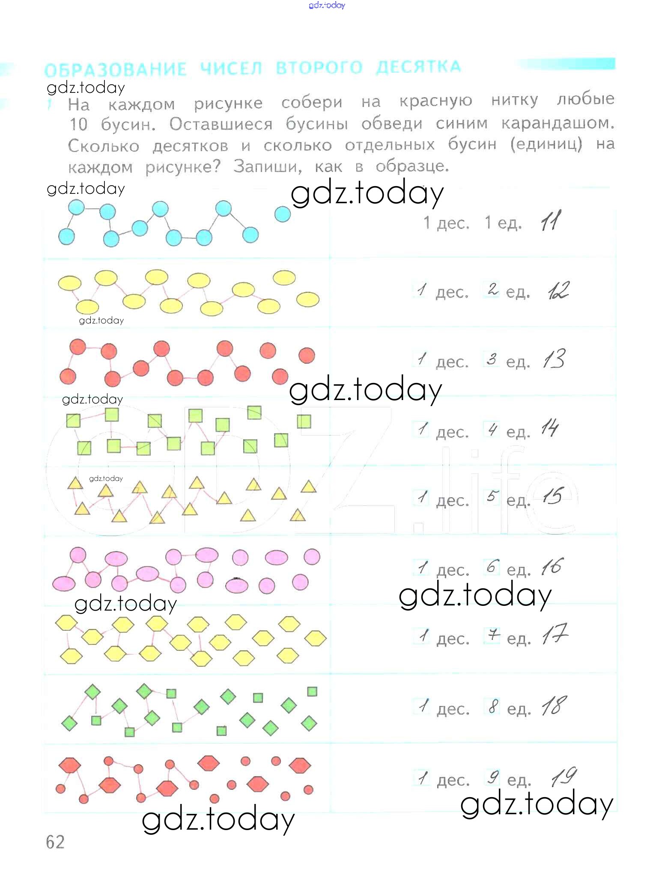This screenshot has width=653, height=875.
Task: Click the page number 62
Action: click(x=55, y=842)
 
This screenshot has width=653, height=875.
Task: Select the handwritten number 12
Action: click(x=558, y=291)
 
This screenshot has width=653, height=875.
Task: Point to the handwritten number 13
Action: click(x=554, y=359)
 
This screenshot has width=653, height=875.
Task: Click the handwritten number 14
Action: click(x=550, y=428)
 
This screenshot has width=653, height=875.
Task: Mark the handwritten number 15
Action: click(x=552, y=496)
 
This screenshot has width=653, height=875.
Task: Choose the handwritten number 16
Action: click(x=552, y=567)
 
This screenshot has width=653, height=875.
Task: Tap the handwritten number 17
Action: click(x=555, y=635)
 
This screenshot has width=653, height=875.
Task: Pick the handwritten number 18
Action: click(x=554, y=706)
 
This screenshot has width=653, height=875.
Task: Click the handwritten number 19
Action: click(x=564, y=776)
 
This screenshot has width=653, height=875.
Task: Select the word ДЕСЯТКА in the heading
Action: click(x=418, y=67)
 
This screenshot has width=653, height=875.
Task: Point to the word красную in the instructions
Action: click(x=436, y=101)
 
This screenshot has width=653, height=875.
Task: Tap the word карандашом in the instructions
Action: click(x=558, y=123)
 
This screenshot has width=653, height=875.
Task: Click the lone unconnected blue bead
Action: click(x=282, y=214)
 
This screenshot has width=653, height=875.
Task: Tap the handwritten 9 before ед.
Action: click(x=493, y=777)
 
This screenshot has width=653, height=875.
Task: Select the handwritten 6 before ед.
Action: click(x=492, y=567)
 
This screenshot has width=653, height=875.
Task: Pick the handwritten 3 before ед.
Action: click(x=491, y=359)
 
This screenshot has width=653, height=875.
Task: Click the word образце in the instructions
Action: click(x=411, y=166)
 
